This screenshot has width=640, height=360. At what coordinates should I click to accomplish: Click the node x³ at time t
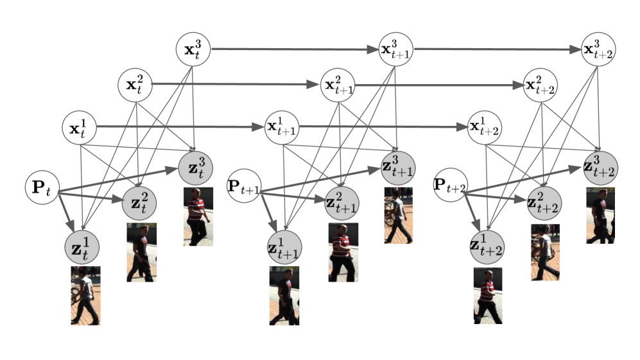[195, 49]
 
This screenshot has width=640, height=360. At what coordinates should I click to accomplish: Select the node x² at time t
[135, 84]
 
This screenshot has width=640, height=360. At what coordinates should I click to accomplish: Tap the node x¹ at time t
[80, 127]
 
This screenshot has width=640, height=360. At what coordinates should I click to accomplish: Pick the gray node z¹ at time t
[82, 246]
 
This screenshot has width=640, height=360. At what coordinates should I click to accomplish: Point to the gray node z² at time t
[139, 203]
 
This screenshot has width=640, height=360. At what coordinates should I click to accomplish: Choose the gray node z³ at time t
[196, 166]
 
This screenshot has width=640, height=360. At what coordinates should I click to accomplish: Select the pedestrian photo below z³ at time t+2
[600, 215]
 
